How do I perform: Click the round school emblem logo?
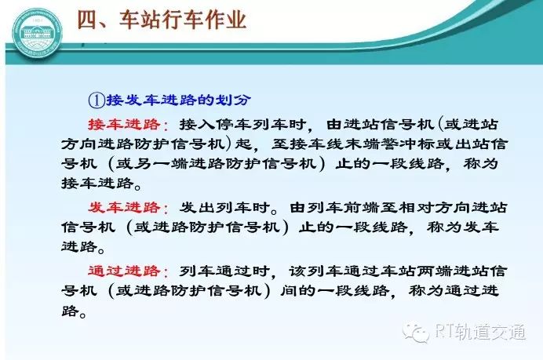click(38, 34)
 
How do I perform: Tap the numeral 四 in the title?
click(87, 20)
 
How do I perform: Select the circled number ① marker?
click(97, 100)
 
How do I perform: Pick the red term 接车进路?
click(124, 125)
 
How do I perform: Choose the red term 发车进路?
click(124, 208)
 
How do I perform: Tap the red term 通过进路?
click(124, 271)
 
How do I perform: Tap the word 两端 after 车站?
click(435, 271)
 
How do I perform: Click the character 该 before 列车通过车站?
click(298, 271)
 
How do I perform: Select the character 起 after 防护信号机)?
click(243, 144)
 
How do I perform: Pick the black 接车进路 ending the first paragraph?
click(97, 183)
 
